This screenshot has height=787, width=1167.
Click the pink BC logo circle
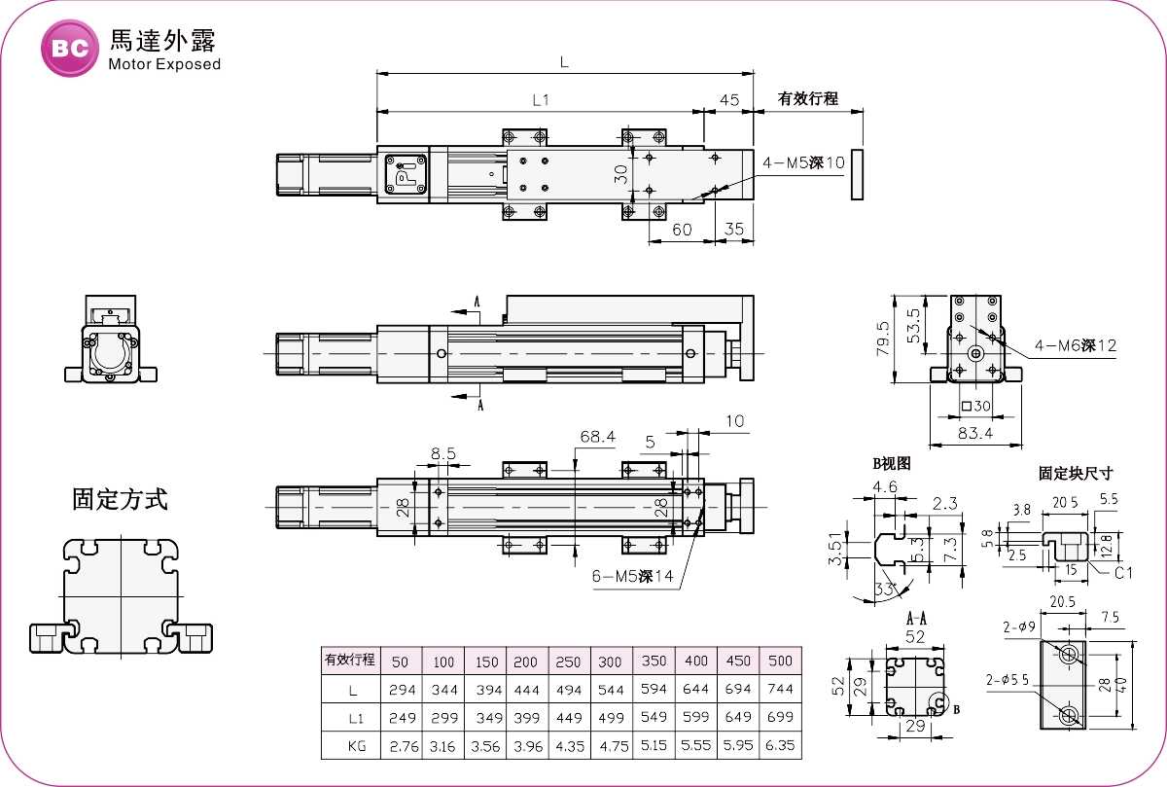click(70, 47)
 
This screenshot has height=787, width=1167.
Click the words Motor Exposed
click(164, 64)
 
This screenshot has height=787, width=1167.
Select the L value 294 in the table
click(402, 690)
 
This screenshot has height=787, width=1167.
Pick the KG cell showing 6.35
click(781, 746)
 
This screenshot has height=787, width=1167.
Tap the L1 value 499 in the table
click(610, 718)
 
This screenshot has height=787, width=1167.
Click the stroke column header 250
click(568, 662)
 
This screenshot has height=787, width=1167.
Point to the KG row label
click(350, 746)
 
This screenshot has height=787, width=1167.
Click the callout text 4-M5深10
click(803, 162)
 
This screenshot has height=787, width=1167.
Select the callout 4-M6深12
click(1076, 345)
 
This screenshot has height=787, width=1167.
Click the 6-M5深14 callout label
click(633, 575)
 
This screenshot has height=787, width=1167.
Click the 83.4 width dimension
click(974, 434)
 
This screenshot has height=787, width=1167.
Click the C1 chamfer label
click(1123, 573)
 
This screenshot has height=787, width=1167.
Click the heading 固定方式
click(121, 500)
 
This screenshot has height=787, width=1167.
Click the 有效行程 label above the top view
click(807, 98)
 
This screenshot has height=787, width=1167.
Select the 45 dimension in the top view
click(728, 99)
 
